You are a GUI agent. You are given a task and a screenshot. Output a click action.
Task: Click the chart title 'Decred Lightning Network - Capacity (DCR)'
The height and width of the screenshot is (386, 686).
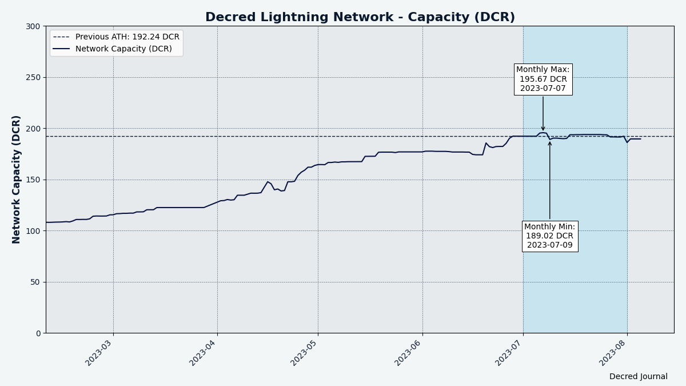(x=360, y=17)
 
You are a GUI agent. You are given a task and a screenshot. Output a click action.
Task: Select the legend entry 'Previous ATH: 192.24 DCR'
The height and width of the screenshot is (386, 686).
(x=127, y=37)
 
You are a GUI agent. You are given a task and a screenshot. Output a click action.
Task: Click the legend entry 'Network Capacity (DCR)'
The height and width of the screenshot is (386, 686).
(x=123, y=49)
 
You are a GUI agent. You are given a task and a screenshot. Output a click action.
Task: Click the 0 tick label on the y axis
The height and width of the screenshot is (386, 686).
(x=38, y=333)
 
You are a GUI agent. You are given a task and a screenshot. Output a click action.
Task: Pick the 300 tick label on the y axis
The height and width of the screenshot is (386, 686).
(x=33, y=26)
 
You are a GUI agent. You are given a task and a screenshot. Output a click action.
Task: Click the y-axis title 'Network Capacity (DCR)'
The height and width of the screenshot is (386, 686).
(x=17, y=180)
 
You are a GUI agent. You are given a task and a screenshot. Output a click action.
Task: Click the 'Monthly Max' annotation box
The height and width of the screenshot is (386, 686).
(x=543, y=79)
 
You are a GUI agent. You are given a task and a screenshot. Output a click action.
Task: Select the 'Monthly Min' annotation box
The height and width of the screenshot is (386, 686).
(x=549, y=236)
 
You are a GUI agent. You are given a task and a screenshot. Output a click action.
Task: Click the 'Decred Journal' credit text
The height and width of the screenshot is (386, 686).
(x=638, y=377)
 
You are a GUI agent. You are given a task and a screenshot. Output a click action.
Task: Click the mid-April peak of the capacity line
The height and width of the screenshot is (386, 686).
(x=268, y=182)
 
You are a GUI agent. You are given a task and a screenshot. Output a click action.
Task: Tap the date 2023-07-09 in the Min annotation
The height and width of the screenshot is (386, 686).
(x=549, y=245)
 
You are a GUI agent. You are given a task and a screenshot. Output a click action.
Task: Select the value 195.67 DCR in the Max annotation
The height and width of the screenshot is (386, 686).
(x=543, y=79)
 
